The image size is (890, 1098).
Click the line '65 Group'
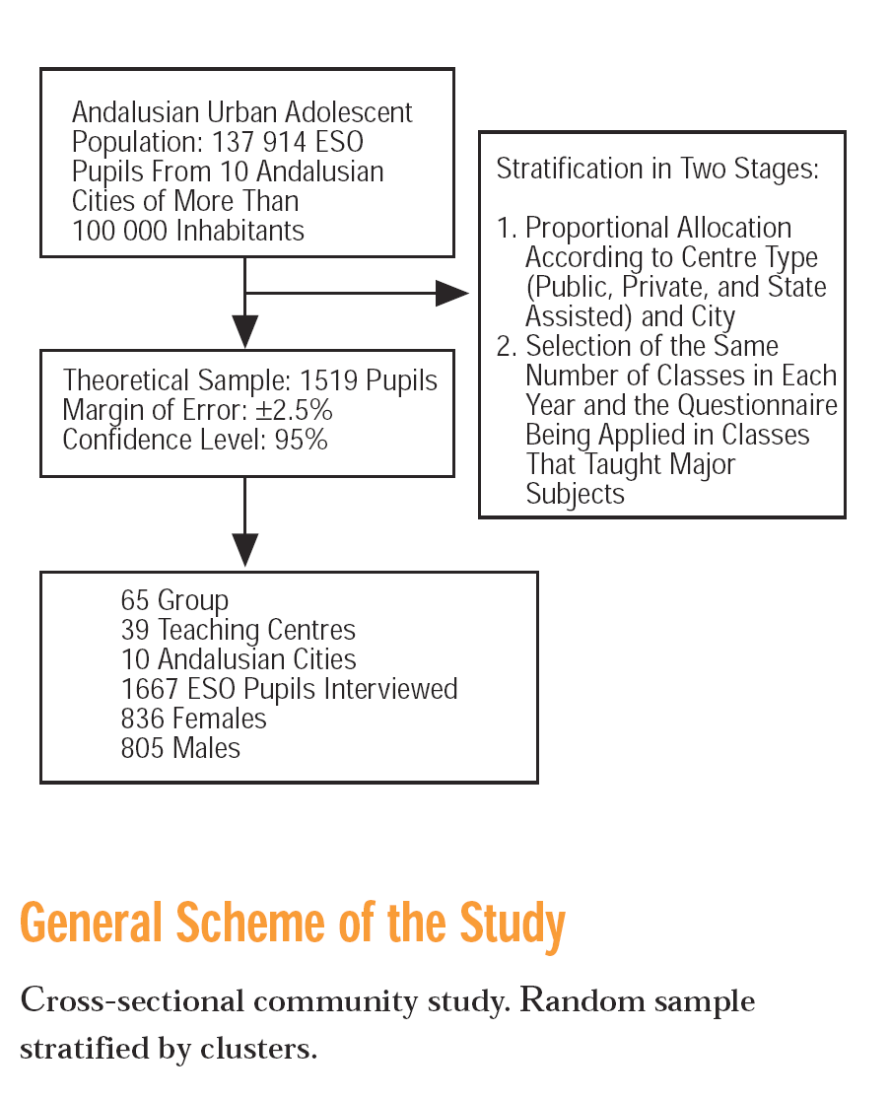pos(174,600)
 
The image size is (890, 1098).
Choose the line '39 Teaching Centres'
pos(238,630)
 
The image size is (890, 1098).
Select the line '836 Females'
pos(193,719)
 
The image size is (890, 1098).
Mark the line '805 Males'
pos(180,748)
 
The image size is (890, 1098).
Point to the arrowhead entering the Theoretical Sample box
pos(245,330)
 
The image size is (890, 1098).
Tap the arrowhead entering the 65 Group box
pos(245,549)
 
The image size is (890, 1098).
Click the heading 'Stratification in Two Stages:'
pos(657,169)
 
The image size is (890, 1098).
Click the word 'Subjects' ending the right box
pos(575,494)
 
